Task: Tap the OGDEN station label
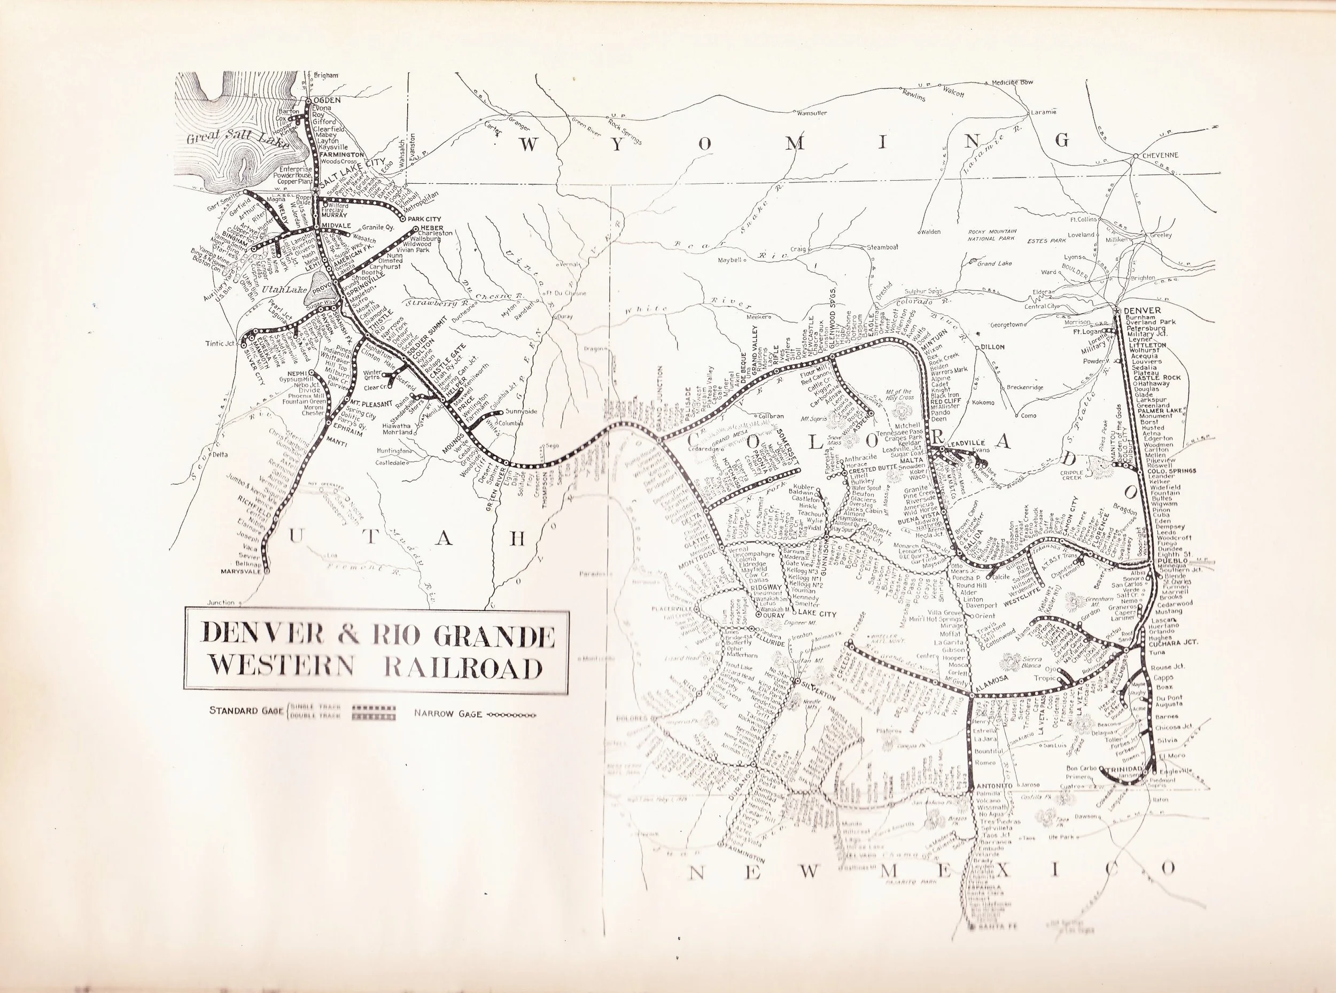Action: pyautogui.click(x=327, y=100)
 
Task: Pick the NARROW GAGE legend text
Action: pyautogui.click(x=448, y=715)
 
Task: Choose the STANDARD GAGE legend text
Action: pyautogui.click(x=246, y=710)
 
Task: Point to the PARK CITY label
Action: pyautogui.click(x=423, y=219)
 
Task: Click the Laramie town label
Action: pyautogui.click(x=1045, y=112)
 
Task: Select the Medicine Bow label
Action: pyautogui.click(x=1012, y=82)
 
